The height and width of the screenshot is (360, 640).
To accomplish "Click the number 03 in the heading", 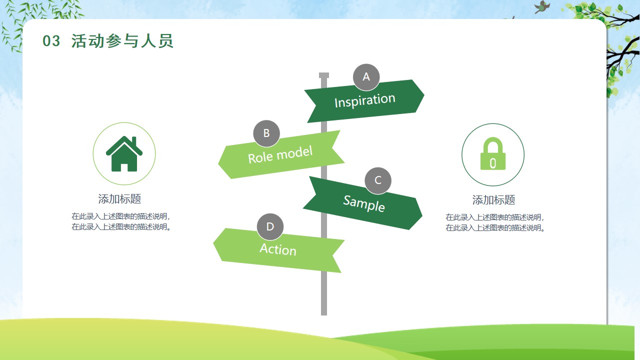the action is click(51, 41).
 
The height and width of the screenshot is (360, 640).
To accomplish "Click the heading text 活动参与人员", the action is click(122, 41).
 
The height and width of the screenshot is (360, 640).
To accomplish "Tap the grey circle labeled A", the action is click(366, 77).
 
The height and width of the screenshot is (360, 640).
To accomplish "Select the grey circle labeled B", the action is click(266, 133).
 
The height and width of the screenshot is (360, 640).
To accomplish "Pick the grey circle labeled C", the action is click(378, 180).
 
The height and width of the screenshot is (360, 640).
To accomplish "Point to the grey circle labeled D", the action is click(270, 227).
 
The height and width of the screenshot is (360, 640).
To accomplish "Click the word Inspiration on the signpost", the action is click(365, 100).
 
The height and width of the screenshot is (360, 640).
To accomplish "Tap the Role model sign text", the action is click(280, 155).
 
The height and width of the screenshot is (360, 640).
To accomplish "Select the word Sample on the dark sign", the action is click(364, 203).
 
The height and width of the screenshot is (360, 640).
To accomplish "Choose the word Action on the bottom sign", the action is click(278, 249).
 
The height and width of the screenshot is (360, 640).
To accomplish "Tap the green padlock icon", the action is click(493, 153).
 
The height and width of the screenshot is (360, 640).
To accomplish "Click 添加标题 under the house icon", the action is click(119, 199).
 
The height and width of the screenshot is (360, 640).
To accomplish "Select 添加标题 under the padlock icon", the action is click(493, 199).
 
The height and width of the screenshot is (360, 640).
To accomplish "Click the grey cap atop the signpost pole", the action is click(324, 75).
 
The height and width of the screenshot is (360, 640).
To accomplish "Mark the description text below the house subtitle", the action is click(121, 221).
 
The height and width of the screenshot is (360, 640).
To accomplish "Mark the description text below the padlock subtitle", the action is click(495, 222).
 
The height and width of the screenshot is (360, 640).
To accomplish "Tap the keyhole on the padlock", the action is click(493, 163).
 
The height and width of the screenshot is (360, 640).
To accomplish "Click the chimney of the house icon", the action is click(134, 141).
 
